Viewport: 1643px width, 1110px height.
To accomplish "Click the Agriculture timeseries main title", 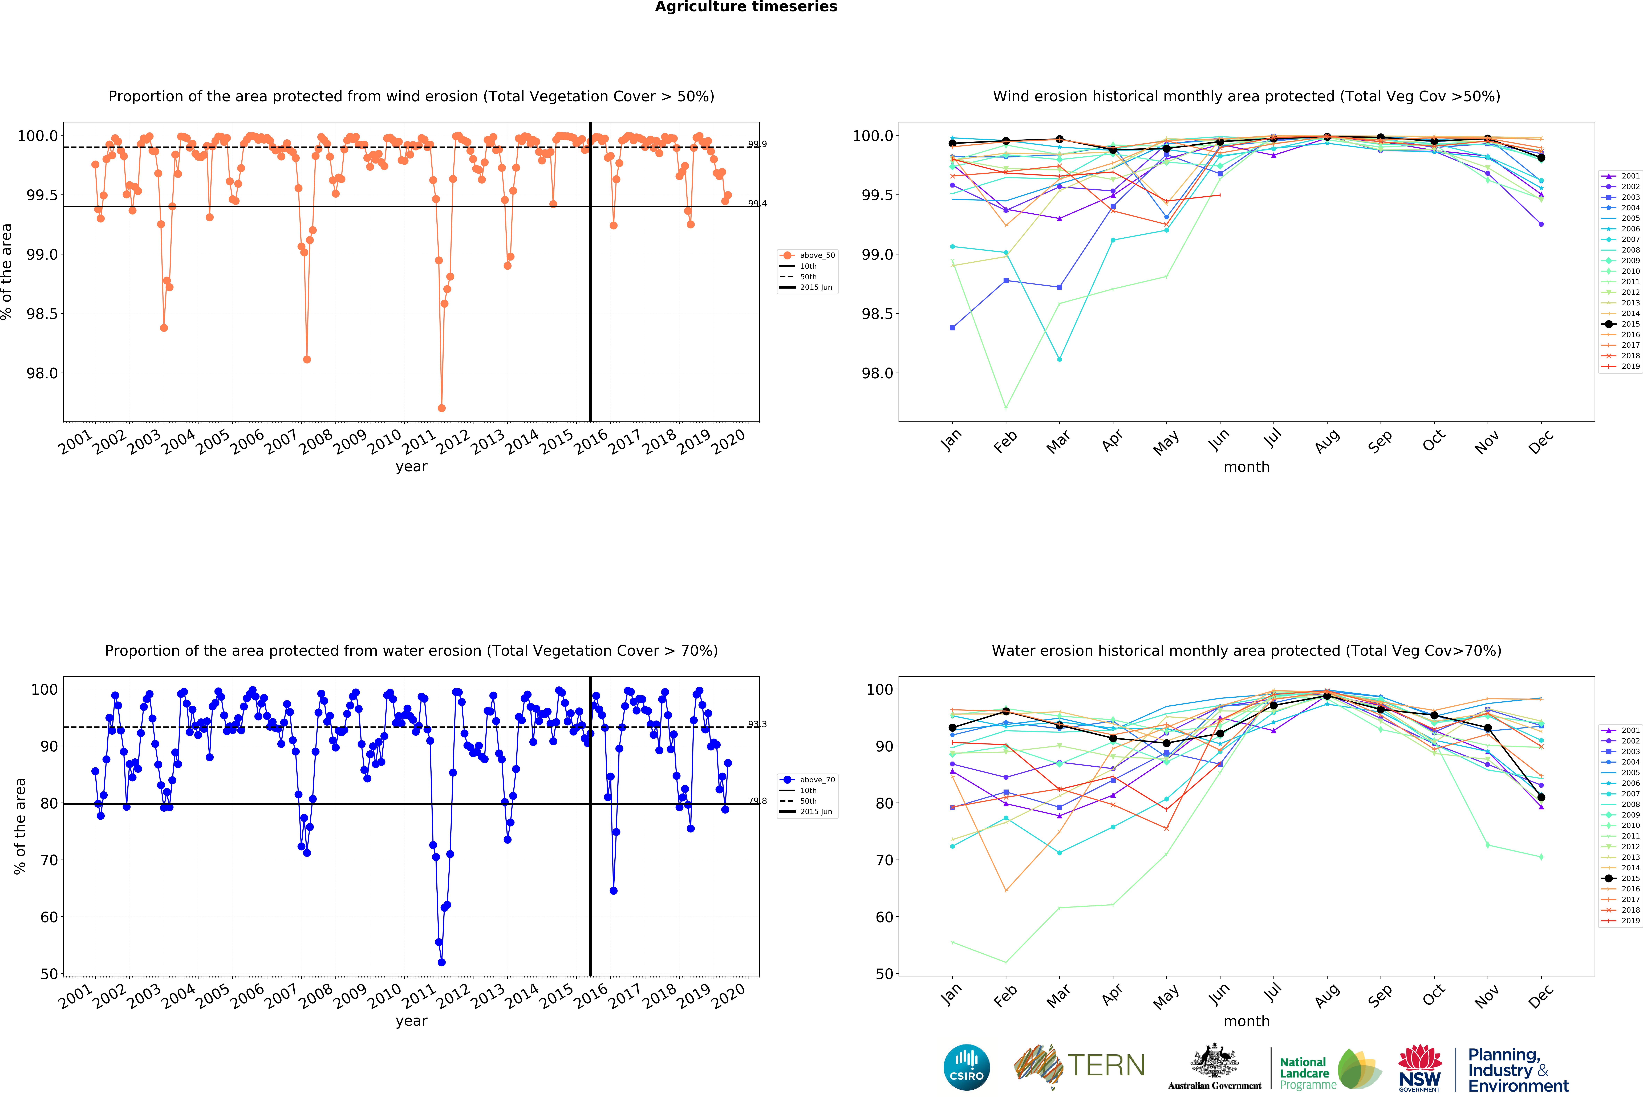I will (x=746, y=7).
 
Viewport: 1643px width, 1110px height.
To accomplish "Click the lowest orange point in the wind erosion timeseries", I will (x=442, y=408).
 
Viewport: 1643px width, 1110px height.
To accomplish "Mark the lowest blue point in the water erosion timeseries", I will (x=442, y=962).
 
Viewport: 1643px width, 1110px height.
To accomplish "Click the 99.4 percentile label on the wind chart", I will (x=757, y=204).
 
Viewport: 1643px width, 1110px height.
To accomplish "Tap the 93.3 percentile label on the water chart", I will (x=757, y=724).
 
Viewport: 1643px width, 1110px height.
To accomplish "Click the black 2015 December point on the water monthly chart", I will (x=1541, y=797).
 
